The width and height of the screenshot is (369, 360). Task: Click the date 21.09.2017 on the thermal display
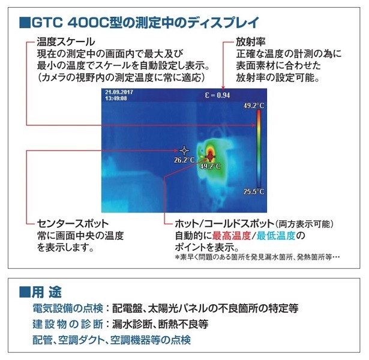pos(118,92)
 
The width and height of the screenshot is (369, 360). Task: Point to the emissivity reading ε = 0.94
pos(215,95)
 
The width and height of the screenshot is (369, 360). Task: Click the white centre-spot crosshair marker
pos(184,150)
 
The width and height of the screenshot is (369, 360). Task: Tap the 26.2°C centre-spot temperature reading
pos(184,160)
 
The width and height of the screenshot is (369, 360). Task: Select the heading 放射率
pos(251,42)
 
